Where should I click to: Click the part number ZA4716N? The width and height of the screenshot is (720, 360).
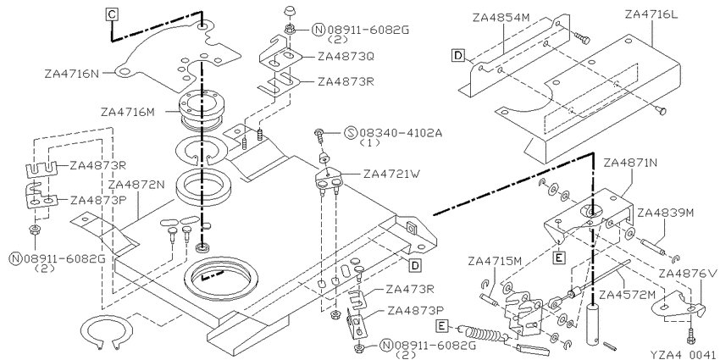click(x=72, y=73)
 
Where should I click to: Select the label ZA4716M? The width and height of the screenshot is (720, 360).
click(x=129, y=112)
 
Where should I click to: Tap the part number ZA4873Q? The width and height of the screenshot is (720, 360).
click(x=346, y=57)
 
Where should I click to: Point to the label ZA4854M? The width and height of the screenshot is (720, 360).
click(x=501, y=18)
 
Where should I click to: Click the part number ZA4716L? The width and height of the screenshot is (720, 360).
click(x=651, y=14)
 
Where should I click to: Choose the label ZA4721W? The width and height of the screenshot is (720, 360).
click(x=391, y=174)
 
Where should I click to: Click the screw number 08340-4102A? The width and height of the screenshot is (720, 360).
click(x=401, y=133)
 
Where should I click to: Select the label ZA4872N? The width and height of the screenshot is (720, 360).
click(x=136, y=184)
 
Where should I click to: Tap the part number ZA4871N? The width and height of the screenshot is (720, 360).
click(x=631, y=163)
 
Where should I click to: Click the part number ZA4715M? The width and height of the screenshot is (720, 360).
click(x=495, y=261)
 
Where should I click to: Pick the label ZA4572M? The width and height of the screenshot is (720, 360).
click(x=627, y=294)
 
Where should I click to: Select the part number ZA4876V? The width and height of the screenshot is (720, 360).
click(x=688, y=274)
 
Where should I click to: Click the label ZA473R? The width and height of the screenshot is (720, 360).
click(x=410, y=290)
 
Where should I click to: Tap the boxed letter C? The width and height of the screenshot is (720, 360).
click(x=112, y=14)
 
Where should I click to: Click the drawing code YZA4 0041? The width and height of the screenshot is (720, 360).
click(x=684, y=354)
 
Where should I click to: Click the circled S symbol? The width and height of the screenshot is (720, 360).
click(x=351, y=133)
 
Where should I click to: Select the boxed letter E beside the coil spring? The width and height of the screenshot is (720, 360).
click(x=441, y=326)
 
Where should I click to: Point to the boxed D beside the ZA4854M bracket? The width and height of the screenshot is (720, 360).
click(x=457, y=56)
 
